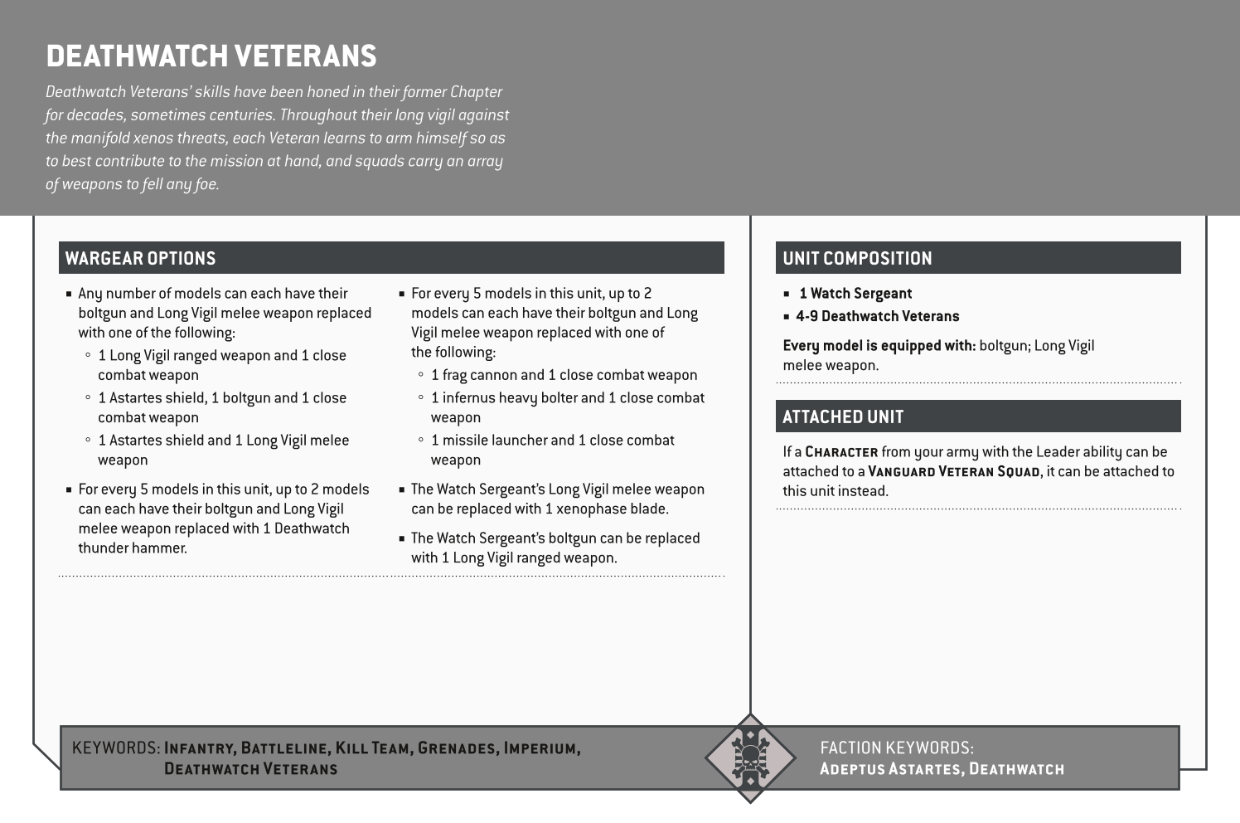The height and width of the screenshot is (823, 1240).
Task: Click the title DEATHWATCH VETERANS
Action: (x=211, y=56)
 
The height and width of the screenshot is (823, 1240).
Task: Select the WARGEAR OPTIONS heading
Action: (x=140, y=258)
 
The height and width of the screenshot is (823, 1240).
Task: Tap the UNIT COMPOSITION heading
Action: (x=857, y=258)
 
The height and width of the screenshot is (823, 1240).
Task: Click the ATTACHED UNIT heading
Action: (x=842, y=416)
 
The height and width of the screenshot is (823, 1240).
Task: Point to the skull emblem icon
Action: (x=749, y=757)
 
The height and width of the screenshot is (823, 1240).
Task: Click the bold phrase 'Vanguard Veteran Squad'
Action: (x=954, y=472)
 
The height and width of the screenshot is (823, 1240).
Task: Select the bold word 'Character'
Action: (x=841, y=452)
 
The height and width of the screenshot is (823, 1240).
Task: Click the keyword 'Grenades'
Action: (x=456, y=748)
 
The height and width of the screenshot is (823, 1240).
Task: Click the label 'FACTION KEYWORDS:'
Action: (x=896, y=748)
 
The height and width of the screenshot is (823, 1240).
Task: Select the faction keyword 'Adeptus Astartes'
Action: (x=890, y=769)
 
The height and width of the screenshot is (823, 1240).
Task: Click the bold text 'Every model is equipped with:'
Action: (x=879, y=346)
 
